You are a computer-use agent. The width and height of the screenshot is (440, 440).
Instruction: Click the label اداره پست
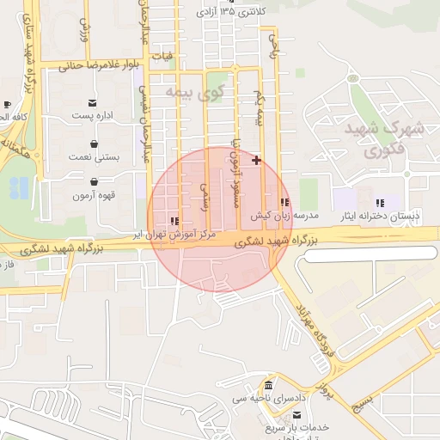point(93,115)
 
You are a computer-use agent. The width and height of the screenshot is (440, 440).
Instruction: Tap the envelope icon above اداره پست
point(93,102)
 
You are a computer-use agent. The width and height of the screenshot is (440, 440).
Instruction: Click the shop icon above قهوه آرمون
point(93,181)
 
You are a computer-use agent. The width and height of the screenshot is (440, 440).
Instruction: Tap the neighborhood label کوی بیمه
point(195,90)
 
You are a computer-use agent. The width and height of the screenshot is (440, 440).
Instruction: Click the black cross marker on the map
point(256,160)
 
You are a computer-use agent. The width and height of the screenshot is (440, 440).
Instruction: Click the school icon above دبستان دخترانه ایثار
point(380,203)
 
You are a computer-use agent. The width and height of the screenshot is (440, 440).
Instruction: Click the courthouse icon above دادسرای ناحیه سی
point(270,384)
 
